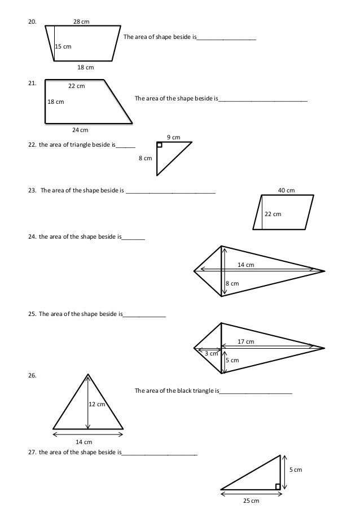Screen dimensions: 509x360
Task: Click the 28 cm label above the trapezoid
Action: (x=81, y=21)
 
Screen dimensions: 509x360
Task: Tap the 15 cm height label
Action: (x=63, y=47)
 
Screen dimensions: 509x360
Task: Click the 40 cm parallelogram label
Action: (x=287, y=190)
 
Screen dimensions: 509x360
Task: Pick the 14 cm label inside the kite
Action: (x=245, y=265)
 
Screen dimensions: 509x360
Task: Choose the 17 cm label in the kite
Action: (x=245, y=342)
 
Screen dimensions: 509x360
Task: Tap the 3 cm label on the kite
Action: (x=210, y=354)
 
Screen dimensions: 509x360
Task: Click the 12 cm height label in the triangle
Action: (x=97, y=405)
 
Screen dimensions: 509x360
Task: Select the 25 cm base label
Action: (x=251, y=501)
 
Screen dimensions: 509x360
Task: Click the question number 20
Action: (x=32, y=23)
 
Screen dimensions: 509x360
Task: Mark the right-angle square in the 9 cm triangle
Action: (x=160, y=145)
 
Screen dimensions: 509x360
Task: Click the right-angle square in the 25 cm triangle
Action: (x=278, y=486)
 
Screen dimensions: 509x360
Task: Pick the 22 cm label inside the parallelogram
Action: (x=273, y=214)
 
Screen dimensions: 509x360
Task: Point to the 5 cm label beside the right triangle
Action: (x=296, y=469)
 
